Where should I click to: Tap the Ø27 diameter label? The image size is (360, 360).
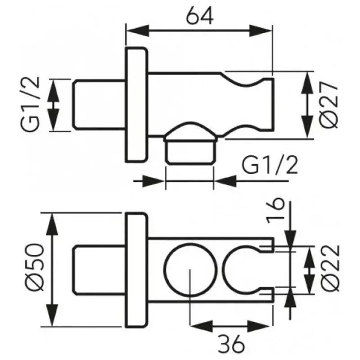[x=328, y=105]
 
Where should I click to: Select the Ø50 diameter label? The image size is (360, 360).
[x=35, y=267]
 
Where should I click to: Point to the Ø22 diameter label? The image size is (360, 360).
[x=330, y=268]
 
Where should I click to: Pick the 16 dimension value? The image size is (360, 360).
[x=275, y=211]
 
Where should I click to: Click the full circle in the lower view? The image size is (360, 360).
[x=190, y=269]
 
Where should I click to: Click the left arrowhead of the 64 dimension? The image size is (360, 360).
[x=138, y=31]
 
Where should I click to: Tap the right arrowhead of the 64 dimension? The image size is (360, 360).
[x=261, y=31]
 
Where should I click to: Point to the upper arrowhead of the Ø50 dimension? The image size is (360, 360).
[x=52, y=224]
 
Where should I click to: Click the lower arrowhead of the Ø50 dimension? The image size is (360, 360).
[x=52, y=315]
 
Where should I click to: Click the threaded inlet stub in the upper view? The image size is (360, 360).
[x=99, y=105]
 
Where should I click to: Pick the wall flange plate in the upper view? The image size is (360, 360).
[x=136, y=105]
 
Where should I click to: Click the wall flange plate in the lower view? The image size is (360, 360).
[x=136, y=270]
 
